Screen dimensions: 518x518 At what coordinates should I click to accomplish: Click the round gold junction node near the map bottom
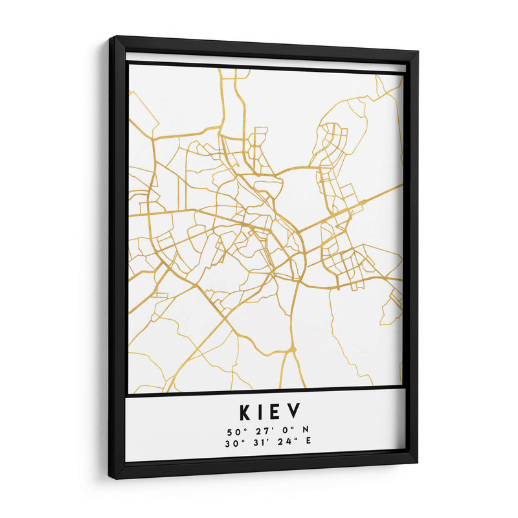pos(293,349)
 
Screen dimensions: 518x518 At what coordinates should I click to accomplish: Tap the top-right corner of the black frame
pos(418,51)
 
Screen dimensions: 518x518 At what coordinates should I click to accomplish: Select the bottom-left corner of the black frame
pos(111,478)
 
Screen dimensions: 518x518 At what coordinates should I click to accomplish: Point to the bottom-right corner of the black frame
pos(416,462)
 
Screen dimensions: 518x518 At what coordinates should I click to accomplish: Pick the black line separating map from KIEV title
pos(265,390)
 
